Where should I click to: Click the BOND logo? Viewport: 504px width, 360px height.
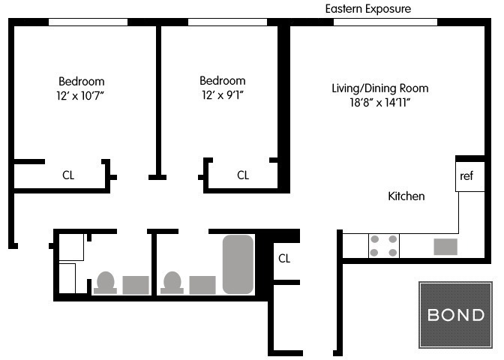(455, 315)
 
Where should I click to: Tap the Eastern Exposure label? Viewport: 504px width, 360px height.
(368, 9)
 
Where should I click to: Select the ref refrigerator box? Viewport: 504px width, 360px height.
(470, 176)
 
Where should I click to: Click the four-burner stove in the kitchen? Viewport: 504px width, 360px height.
(384, 246)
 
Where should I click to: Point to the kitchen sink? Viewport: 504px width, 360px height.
(445, 247)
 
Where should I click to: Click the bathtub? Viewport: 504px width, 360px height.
(238, 265)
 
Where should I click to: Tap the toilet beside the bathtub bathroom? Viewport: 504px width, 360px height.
(172, 283)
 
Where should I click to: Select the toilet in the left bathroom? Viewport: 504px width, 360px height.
(105, 283)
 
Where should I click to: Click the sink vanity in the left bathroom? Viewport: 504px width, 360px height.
(136, 285)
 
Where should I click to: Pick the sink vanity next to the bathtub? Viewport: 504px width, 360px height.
(202, 285)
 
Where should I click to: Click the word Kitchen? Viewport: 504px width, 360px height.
(406, 196)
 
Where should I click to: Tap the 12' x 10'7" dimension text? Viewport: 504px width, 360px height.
(80, 95)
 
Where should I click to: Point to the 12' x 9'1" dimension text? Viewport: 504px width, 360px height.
(223, 94)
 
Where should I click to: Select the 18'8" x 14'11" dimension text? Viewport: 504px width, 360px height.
(380, 103)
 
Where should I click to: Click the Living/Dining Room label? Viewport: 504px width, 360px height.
(380, 88)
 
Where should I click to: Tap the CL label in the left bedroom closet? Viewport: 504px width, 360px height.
(68, 175)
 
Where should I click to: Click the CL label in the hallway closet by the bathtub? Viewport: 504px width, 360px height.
(284, 259)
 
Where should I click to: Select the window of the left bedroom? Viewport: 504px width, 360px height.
(88, 22)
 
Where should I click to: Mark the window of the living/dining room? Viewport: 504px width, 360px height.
(385, 22)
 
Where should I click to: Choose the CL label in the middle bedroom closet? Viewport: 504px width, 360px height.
(243, 175)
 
